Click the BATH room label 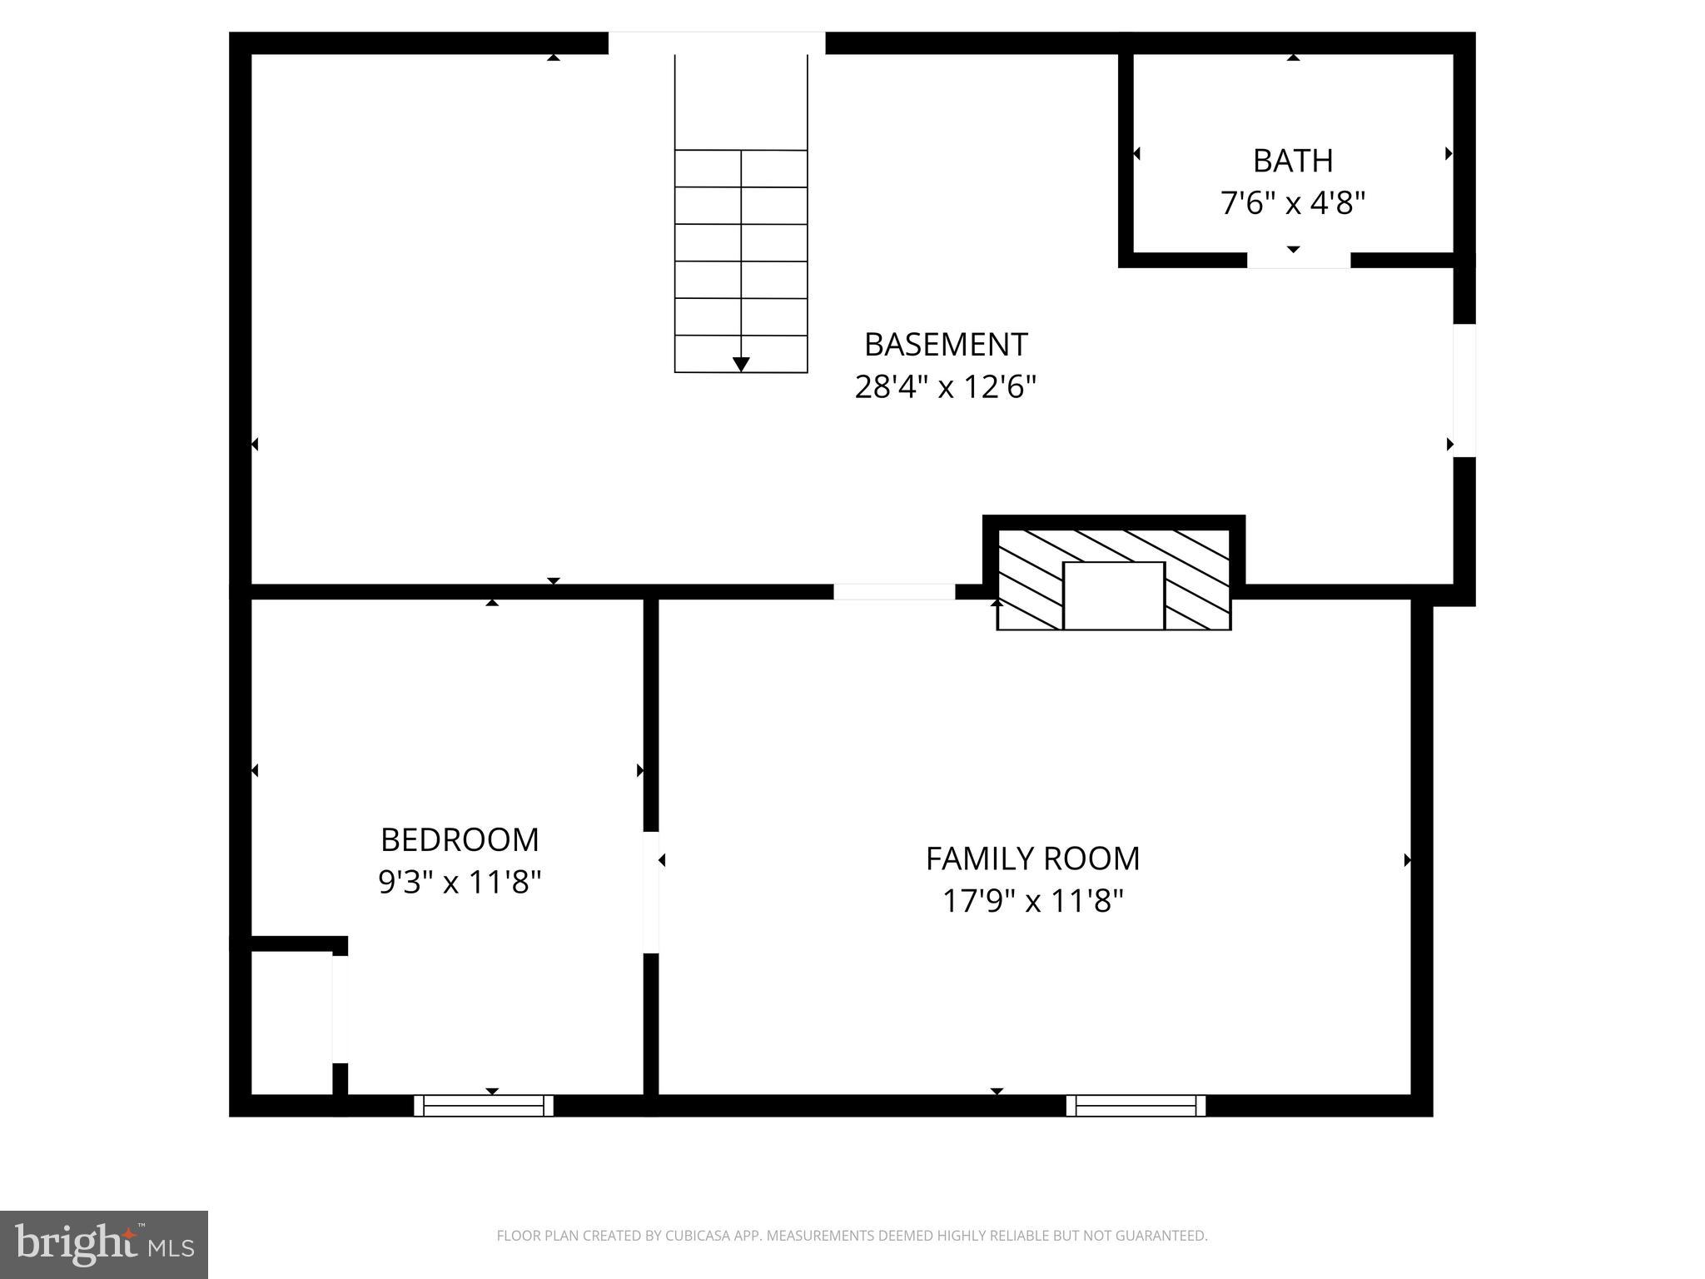[x=1292, y=161]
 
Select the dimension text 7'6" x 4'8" [x=1292, y=203]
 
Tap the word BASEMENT [x=945, y=344]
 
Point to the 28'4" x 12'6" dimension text [x=945, y=387]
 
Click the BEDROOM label [x=460, y=839]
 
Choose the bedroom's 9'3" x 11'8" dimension [x=460, y=883]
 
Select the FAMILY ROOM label [x=1032, y=858]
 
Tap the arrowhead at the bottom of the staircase [x=741, y=364]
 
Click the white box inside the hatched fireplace [x=1113, y=595]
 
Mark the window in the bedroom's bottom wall [x=484, y=1105]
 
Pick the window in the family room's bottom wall [x=1136, y=1105]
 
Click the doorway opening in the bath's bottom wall [x=1298, y=260]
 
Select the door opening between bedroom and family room [x=651, y=892]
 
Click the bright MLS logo [x=104, y=1244]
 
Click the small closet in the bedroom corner [x=291, y=1023]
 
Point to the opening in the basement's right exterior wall [x=1464, y=390]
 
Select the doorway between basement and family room [x=894, y=592]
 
